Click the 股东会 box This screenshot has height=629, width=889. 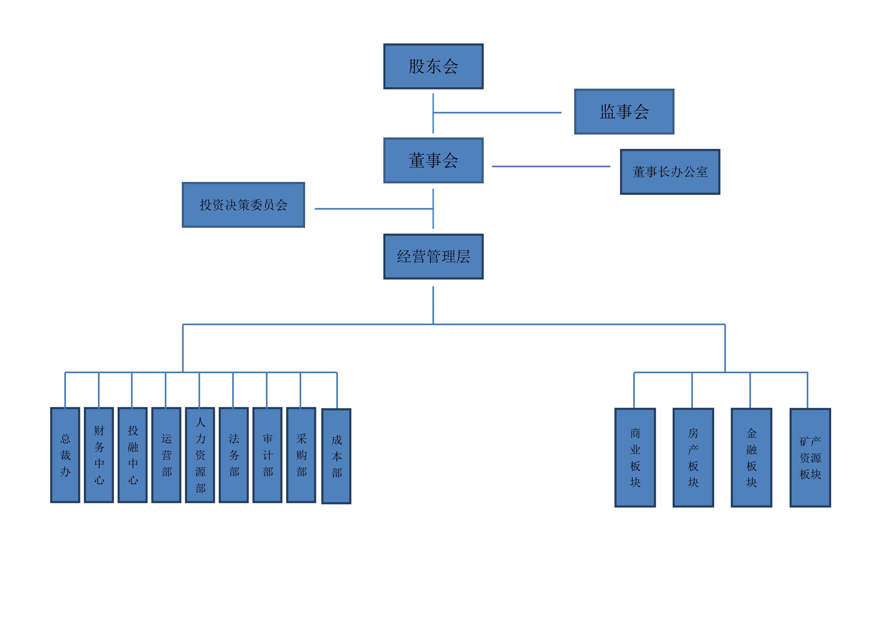click(x=433, y=66)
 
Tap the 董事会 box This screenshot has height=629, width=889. click(x=433, y=160)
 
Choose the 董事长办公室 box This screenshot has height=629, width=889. click(x=670, y=172)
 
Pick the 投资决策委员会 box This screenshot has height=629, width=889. click(x=243, y=205)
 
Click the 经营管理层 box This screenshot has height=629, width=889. click(x=433, y=256)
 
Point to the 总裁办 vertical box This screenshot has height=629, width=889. click(x=65, y=455)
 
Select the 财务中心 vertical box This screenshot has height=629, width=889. click(x=99, y=455)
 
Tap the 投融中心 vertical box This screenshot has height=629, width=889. click(x=133, y=455)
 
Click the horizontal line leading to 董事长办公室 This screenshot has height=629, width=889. click(x=551, y=167)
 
